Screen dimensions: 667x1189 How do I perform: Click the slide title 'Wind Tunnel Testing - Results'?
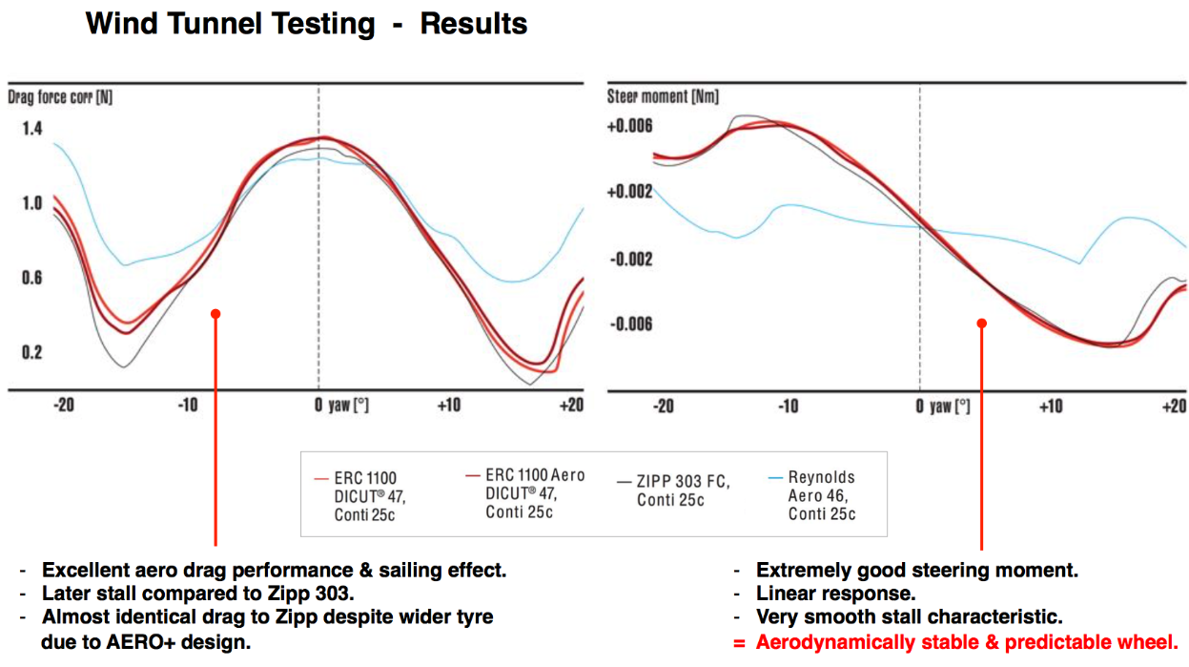tap(306, 24)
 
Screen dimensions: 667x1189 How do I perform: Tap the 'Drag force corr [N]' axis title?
tap(60, 97)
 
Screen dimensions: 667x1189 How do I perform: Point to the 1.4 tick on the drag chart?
tap(31, 128)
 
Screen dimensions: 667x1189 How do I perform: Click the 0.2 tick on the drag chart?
tap(31, 352)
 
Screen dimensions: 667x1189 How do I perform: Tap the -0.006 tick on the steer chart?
tap(630, 324)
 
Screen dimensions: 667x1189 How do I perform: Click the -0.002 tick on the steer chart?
tap(630, 259)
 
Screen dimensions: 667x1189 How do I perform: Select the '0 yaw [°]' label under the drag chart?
tap(341, 406)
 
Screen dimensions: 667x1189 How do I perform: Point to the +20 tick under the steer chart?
tap(1173, 406)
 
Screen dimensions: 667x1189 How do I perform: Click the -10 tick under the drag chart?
tap(188, 406)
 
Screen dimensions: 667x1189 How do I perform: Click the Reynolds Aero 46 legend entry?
tap(821, 495)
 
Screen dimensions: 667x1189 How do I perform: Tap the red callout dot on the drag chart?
tap(215, 313)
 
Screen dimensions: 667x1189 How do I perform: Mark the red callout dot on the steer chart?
tap(981, 323)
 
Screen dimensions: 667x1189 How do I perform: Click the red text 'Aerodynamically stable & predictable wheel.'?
tap(967, 642)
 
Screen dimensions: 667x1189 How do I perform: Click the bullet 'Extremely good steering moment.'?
tap(916, 571)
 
